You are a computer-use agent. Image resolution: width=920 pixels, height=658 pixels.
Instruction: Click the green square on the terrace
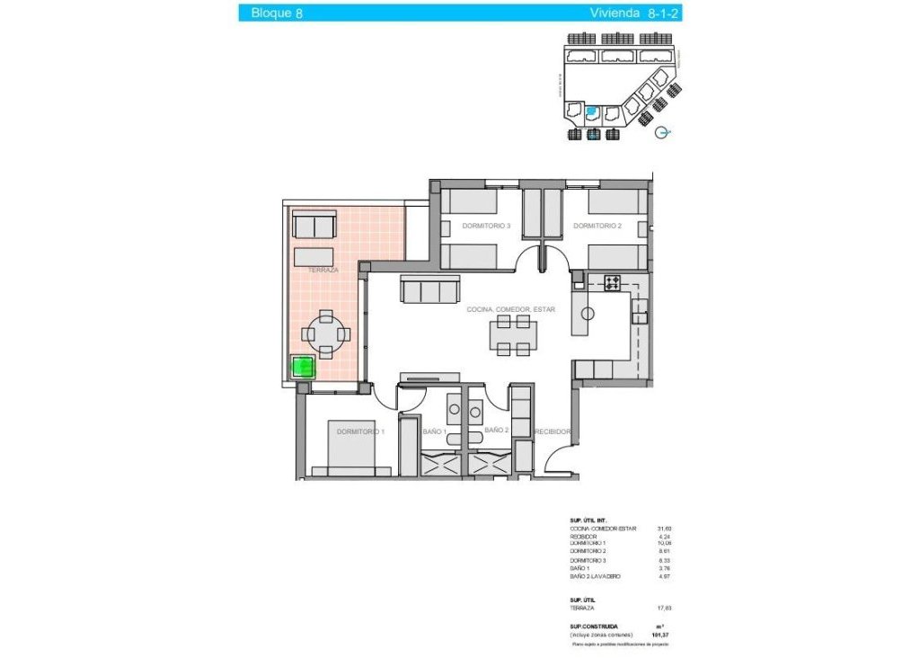tap(304, 367)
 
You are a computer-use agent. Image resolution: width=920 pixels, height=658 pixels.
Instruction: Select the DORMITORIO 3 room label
tap(486, 226)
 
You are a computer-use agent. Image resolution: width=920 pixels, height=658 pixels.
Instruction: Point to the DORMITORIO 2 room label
tap(597, 226)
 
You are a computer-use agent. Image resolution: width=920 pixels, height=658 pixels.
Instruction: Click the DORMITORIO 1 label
tap(360, 432)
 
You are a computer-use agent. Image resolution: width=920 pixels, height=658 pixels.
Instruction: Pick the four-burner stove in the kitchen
tap(613, 282)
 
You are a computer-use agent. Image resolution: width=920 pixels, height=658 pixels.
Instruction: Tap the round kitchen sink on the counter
tap(588, 314)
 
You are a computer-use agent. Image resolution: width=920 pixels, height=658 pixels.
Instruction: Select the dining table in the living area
tap(513, 334)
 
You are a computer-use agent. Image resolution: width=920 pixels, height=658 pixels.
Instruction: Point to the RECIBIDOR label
tap(553, 432)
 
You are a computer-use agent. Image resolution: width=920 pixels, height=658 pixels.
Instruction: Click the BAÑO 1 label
tap(435, 432)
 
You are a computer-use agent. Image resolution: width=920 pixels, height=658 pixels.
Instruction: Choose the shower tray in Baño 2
tap(489, 464)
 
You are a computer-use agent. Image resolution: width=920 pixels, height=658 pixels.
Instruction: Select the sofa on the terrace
tap(314, 225)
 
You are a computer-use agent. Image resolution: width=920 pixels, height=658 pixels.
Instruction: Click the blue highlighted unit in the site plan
tap(592, 113)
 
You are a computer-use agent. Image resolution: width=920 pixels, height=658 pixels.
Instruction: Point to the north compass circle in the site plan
tap(663, 132)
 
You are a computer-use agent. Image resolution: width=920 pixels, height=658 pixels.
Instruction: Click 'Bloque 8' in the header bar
tap(277, 13)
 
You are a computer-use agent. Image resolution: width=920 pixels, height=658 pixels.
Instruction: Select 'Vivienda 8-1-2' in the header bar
tap(627, 13)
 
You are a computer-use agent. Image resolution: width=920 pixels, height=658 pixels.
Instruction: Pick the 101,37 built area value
tap(666, 636)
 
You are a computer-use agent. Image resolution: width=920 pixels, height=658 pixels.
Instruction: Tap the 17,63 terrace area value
tap(666, 609)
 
